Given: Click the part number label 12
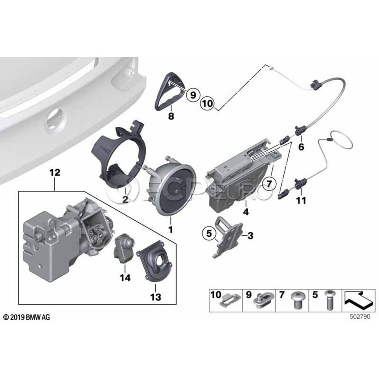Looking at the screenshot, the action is click(55, 173).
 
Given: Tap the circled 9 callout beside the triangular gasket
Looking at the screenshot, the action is click(193, 95).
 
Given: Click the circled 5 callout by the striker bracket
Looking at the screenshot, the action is click(209, 233).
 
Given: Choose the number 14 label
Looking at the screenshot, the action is click(125, 278).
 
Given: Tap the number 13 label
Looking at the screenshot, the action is click(155, 297).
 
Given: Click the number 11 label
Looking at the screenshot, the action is click(301, 200).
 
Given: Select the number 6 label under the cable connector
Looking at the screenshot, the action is click(301, 147).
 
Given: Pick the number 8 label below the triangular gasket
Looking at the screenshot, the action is click(171, 116).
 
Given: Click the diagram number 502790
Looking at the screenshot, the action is click(360, 317).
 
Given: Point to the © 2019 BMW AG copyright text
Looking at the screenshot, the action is click(27, 317).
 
